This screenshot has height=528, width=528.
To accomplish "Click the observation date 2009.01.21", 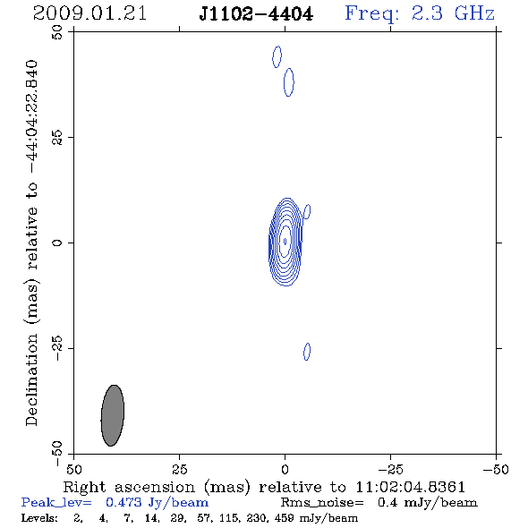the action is (x=89, y=13).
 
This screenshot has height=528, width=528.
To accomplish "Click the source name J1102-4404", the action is (x=256, y=14).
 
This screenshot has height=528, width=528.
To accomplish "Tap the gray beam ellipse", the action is (x=113, y=415).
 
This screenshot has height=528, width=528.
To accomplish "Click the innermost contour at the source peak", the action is (x=285, y=241).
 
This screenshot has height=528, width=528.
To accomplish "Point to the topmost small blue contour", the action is (x=277, y=57).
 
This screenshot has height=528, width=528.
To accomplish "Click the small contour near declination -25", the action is (x=307, y=352).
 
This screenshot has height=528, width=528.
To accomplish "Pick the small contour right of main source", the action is (x=307, y=211).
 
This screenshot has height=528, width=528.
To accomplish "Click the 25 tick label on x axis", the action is (x=179, y=469).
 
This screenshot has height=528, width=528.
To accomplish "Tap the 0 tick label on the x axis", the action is (x=285, y=469).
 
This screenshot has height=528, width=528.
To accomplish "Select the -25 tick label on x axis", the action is (x=390, y=469).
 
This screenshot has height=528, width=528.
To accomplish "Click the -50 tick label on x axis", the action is (x=496, y=469).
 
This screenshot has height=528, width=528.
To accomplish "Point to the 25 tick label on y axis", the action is (x=57, y=138).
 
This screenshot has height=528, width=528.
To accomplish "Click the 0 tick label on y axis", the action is (x=57, y=243).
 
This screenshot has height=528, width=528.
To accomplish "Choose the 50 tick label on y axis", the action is (x=57, y=32).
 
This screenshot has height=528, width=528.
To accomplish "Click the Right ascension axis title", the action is (x=264, y=487).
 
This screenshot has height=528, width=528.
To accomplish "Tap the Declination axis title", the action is (x=31, y=243).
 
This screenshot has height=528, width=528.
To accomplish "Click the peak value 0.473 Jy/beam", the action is (x=157, y=503).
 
